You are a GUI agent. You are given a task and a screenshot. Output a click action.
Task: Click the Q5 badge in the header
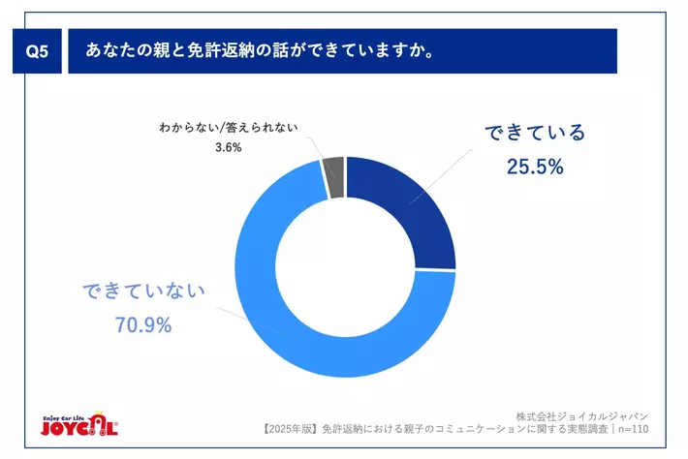pos(35,54)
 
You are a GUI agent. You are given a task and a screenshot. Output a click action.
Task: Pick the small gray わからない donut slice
pos(334,176)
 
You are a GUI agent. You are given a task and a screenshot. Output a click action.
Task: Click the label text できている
pos(535,134)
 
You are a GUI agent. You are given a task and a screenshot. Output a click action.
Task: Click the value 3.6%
pos(228,148)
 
